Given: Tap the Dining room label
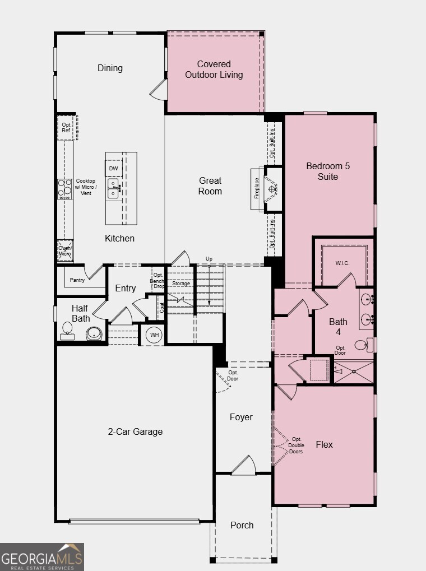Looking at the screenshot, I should [110, 68].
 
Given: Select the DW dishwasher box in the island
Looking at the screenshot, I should [113, 168].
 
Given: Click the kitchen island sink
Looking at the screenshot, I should [113, 188].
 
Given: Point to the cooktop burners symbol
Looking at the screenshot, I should [64, 188].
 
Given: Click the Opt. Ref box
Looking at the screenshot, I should [66, 127].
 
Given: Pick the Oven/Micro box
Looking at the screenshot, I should [65, 251].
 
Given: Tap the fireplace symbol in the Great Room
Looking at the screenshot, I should [272, 189].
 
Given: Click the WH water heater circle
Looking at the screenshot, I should [153, 335].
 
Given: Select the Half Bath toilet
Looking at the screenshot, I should [67, 334].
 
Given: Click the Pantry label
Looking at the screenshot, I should [77, 280].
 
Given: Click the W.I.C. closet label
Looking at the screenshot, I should [342, 263].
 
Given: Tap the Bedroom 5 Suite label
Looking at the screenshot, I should [328, 171].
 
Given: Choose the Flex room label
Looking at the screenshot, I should [324, 444].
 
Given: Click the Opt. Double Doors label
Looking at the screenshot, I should [296, 445].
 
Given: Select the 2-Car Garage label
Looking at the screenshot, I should [135, 431].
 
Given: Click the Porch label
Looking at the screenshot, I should [242, 525].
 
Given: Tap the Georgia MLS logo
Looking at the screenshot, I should [42, 557].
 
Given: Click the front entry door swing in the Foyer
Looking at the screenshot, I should [244, 465].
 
